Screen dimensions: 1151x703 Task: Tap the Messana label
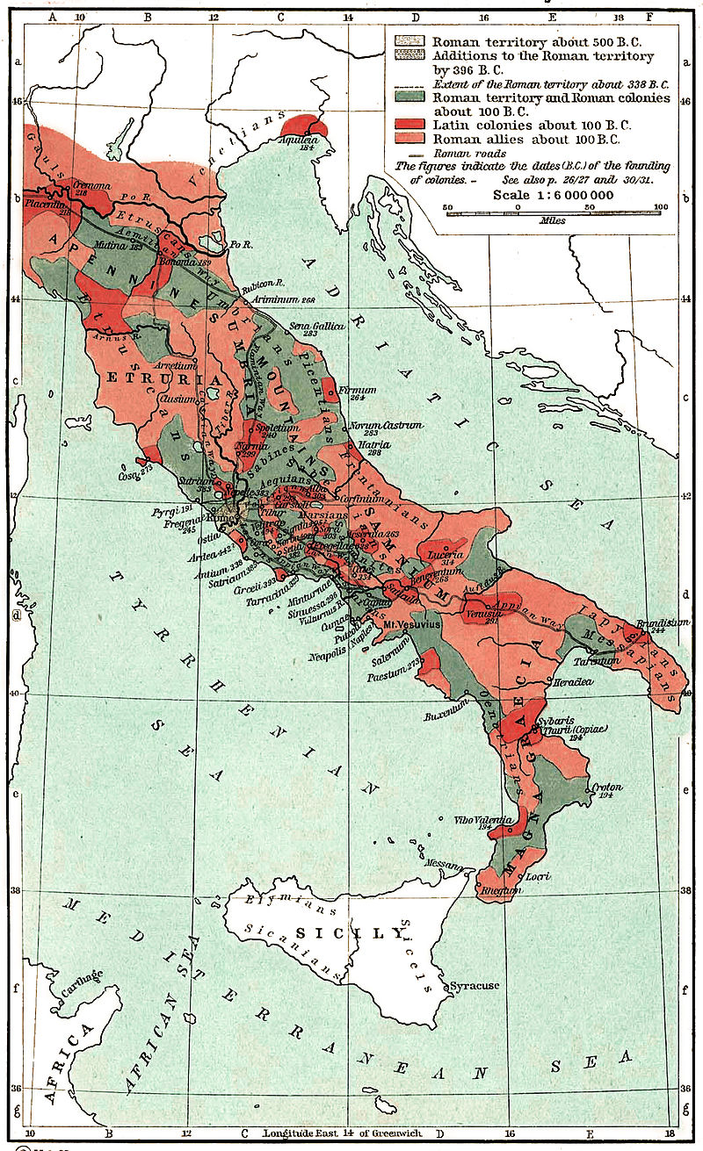[444, 864]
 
